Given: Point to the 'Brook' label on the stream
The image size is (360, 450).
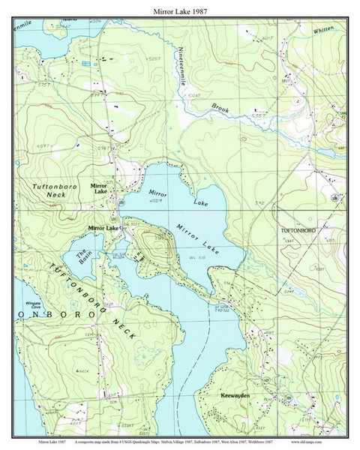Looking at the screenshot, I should tap(220, 109).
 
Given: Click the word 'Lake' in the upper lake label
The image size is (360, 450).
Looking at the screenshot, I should tap(200, 202).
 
